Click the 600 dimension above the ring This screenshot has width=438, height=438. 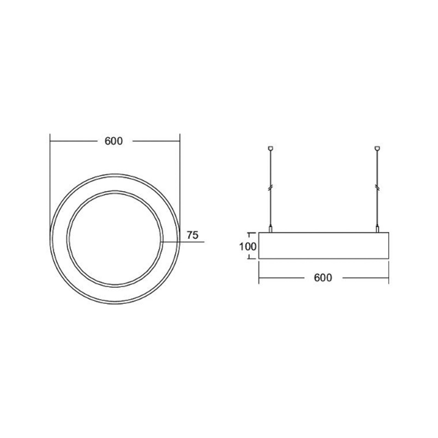tap(114, 141)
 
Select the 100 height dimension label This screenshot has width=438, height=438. tap(248, 247)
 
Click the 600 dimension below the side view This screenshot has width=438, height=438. tap(323, 278)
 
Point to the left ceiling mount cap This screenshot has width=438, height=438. tap(270, 148)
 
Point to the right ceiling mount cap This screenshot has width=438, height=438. tap(378, 148)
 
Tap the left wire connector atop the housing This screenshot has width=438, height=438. tap(270, 229)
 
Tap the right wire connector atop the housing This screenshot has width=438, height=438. tap(378, 229)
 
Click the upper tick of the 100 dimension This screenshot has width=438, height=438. tap(249, 233)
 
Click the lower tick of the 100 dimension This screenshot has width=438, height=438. tap(249, 258)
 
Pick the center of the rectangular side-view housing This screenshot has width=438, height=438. tap(324, 246)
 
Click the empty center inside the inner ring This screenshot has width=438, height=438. tap(115, 239)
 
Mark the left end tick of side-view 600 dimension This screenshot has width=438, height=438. tap(259, 278)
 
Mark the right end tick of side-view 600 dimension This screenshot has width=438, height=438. tap(388, 278)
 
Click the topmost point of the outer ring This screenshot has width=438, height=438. tap(115, 174)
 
